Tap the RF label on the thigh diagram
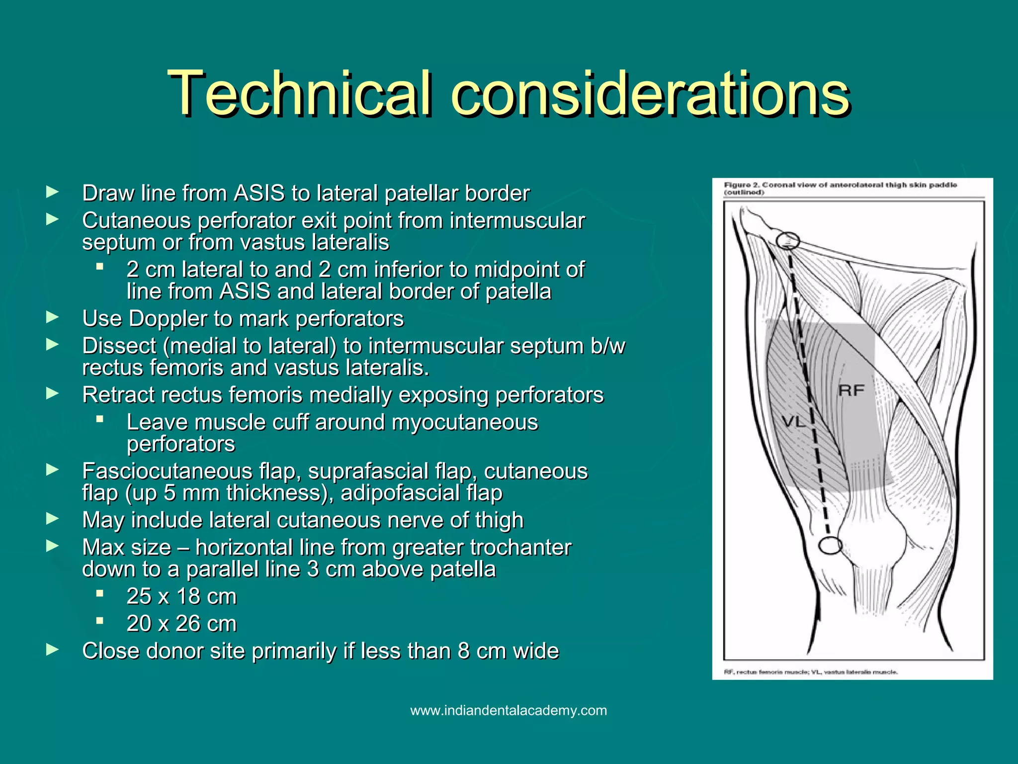pyautogui.click(x=851, y=390)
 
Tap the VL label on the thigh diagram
pyautogui.click(x=793, y=422)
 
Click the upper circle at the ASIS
pyautogui.click(x=788, y=241)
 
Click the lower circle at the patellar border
pyautogui.click(x=830, y=546)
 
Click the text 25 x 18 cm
pyautogui.click(x=181, y=596)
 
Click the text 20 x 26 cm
pyautogui.click(x=181, y=624)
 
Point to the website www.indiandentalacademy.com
pyautogui.click(x=509, y=710)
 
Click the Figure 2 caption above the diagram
pyautogui.click(x=840, y=188)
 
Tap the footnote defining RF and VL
pyautogui.click(x=811, y=672)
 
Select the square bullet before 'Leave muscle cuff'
pyautogui.click(x=100, y=419)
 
